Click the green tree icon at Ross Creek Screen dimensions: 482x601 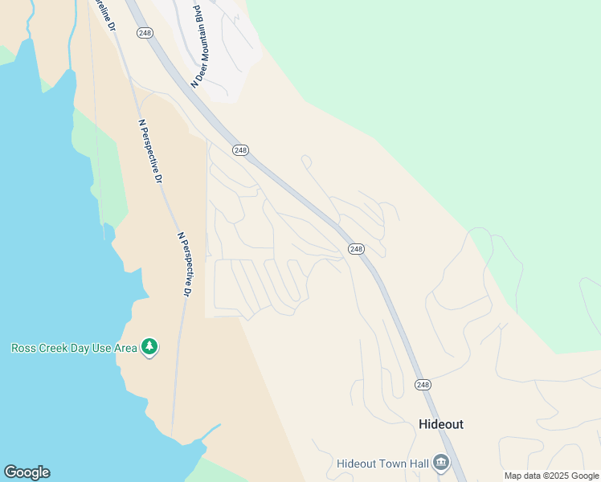click(x=149, y=347)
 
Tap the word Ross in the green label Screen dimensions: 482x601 click(x=23, y=349)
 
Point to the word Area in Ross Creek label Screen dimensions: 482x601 click(x=125, y=349)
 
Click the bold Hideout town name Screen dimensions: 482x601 click(x=441, y=424)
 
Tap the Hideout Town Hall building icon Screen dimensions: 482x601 click(x=441, y=464)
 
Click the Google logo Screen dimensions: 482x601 click(x=27, y=472)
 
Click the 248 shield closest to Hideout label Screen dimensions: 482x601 click(x=423, y=385)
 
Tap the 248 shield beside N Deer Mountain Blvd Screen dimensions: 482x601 click(x=145, y=33)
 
